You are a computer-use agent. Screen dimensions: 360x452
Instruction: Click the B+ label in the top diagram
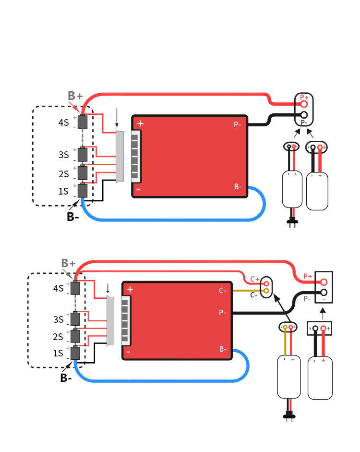(x=75, y=96)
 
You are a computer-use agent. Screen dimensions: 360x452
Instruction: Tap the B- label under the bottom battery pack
(x=66, y=378)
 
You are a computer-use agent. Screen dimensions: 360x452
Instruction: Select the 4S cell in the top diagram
(x=83, y=122)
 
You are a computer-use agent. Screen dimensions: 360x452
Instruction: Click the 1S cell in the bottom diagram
(x=75, y=353)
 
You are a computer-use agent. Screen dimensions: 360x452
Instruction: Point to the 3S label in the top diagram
(x=64, y=155)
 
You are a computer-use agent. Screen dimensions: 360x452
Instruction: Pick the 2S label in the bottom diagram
(x=58, y=337)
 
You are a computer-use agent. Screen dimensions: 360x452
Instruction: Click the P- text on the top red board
(x=237, y=124)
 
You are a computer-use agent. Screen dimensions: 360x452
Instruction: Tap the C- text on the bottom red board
(x=222, y=291)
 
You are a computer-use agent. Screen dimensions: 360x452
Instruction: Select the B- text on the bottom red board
(x=223, y=349)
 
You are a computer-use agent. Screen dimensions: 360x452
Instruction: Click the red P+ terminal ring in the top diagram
(x=304, y=104)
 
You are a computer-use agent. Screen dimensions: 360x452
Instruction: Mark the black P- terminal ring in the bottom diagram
(x=324, y=293)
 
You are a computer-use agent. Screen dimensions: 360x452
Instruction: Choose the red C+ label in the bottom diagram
(x=254, y=279)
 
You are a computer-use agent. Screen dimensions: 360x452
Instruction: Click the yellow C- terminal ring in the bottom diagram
(x=266, y=291)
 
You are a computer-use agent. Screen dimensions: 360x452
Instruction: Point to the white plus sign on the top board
(x=140, y=123)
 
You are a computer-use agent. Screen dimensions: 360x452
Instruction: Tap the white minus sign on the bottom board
(x=129, y=352)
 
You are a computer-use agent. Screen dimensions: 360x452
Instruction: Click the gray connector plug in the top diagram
(x=120, y=156)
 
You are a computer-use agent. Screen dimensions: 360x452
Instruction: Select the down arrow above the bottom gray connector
(x=108, y=288)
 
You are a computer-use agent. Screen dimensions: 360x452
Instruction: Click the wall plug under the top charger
(x=292, y=222)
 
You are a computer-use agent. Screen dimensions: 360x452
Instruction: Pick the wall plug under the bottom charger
(x=289, y=417)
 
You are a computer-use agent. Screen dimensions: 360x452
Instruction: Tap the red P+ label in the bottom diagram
(x=308, y=276)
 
